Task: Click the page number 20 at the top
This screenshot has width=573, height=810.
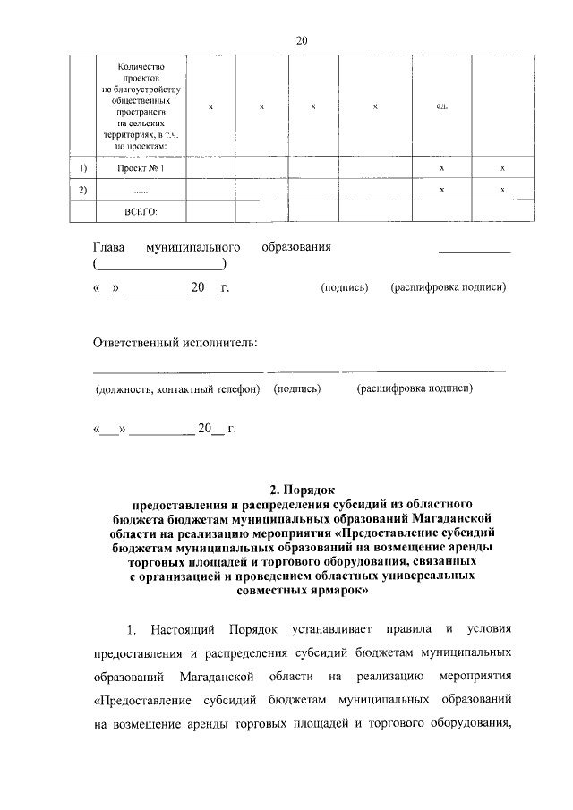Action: click(x=301, y=40)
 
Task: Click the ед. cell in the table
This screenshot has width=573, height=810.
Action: click(x=441, y=107)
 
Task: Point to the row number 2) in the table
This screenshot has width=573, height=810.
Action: click(x=83, y=190)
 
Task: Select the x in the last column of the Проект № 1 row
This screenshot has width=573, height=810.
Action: click(x=502, y=168)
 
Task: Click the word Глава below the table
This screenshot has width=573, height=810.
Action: click(x=109, y=246)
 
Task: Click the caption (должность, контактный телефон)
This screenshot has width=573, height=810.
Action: click(x=177, y=389)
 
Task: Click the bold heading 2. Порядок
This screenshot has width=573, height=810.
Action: click(x=301, y=490)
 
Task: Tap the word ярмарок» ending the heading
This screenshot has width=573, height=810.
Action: click(x=337, y=592)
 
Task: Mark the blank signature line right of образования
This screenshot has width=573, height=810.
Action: click(x=474, y=253)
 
